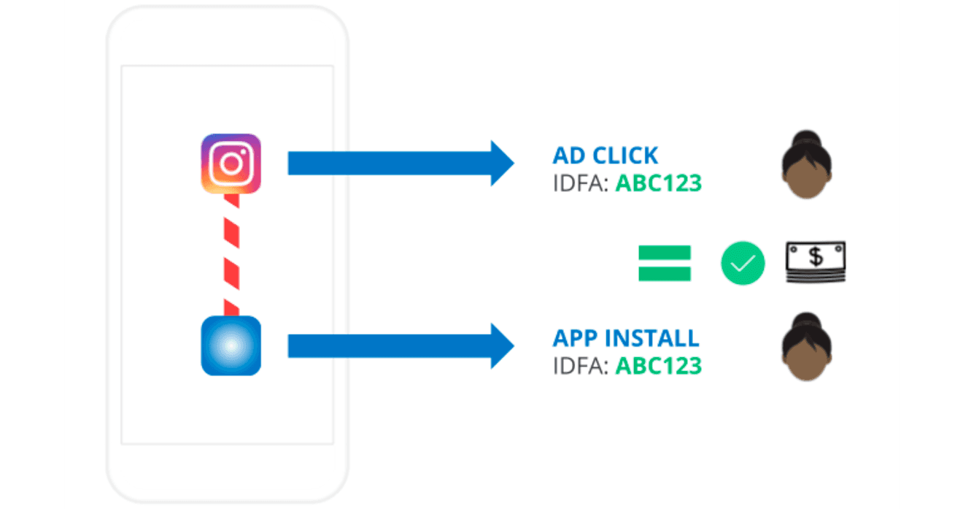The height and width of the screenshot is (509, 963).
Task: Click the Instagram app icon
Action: pyautogui.click(x=231, y=164)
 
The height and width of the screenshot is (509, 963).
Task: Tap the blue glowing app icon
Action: pyautogui.click(x=231, y=345)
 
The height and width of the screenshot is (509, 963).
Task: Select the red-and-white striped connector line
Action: pyautogui.click(x=232, y=255)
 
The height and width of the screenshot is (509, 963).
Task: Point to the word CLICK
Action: pyautogui.click(x=626, y=156)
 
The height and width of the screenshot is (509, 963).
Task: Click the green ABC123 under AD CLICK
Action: pyautogui.click(x=658, y=183)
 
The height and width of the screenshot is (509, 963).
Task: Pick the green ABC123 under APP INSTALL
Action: pyautogui.click(x=658, y=365)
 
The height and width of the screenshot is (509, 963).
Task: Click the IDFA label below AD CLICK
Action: pyautogui.click(x=581, y=183)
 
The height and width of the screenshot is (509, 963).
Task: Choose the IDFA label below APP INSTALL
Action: pyautogui.click(x=581, y=365)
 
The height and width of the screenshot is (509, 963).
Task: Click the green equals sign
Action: pyautogui.click(x=664, y=264)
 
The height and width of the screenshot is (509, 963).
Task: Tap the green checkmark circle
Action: pyautogui.click(x=743, y=264)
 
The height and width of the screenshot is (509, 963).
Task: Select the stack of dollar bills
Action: pyautogui.click(x=816, y=263)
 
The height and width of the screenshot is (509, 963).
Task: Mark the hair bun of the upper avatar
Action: pyautogui.click(x=808, y=138)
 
